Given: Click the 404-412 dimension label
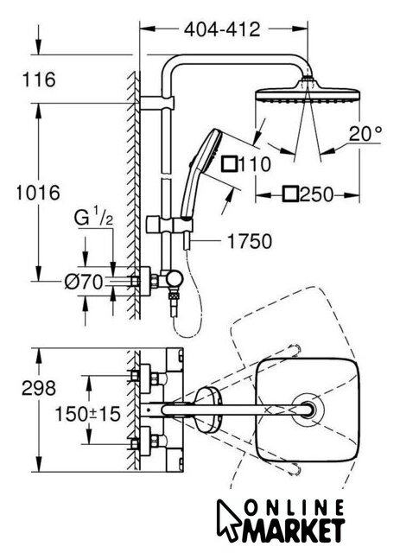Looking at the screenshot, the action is click(x=222, y=29).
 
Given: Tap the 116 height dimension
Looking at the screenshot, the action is click(x=39, y=79).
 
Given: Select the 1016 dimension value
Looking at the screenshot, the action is click(x=38, y=193).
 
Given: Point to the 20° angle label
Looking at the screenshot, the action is click(x=365, y=134).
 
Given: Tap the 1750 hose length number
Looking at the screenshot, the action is click(x=250, y=242).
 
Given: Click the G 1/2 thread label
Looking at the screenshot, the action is click(x=93, y=219).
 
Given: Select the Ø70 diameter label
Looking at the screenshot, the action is click(x=83, y=282).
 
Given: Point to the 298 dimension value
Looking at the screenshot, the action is click(x=39, y=388).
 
